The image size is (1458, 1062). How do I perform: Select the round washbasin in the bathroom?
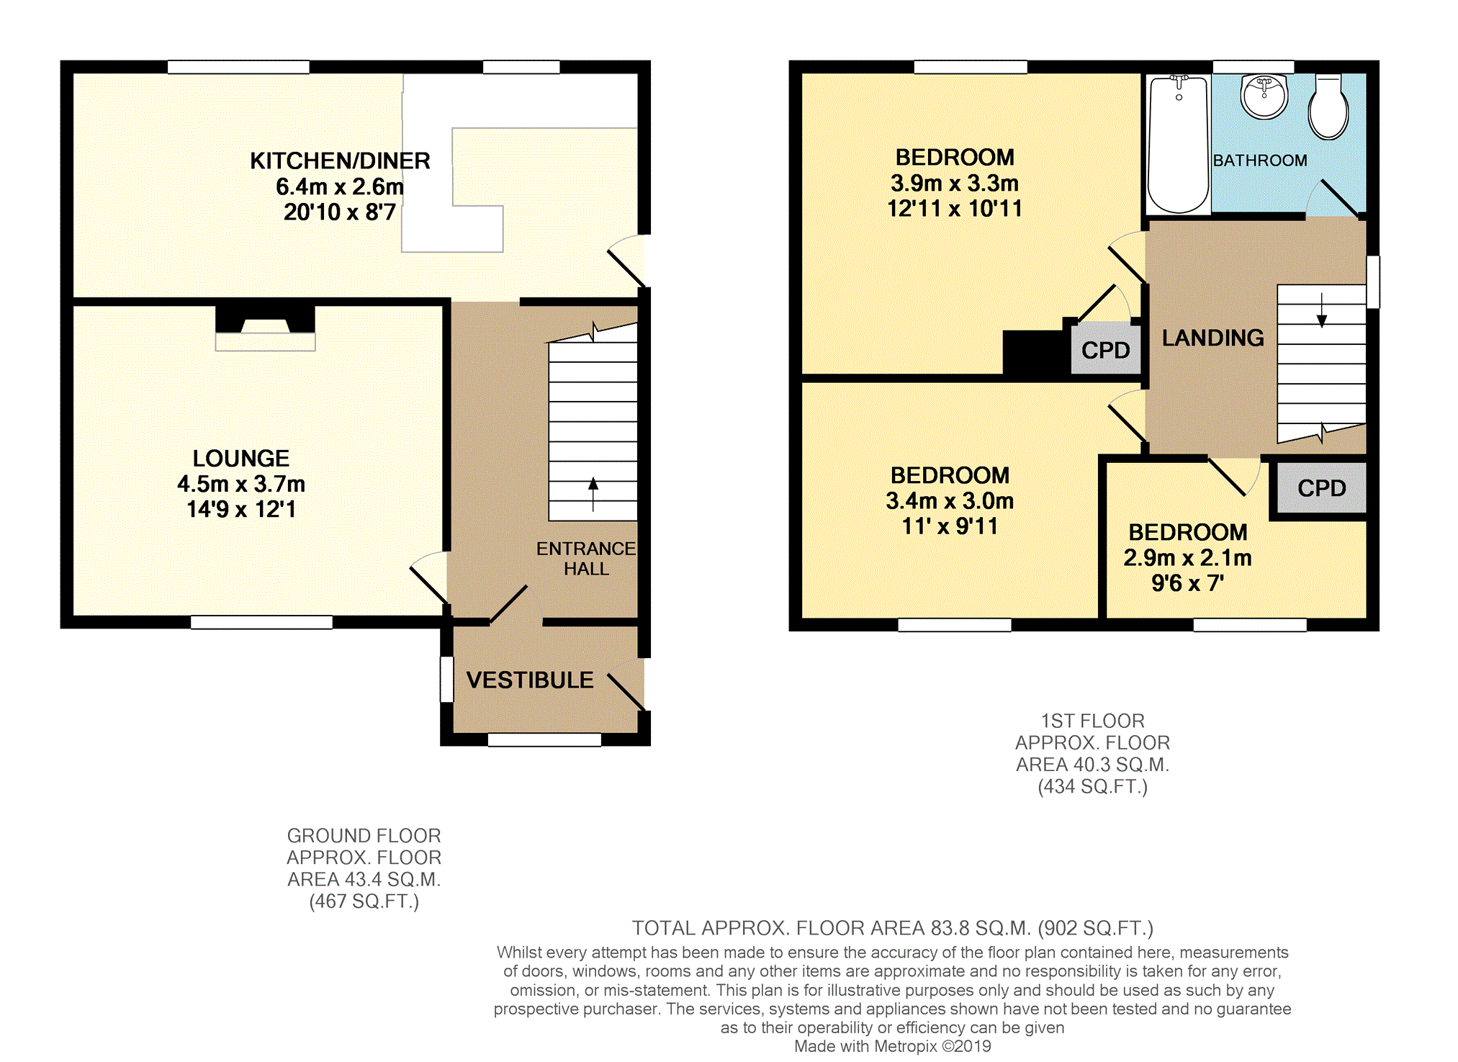point(1264,97)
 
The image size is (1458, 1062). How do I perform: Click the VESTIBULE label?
point(530,680)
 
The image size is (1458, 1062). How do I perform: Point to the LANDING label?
point(1212,338)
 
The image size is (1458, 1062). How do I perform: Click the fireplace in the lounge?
point(265,328)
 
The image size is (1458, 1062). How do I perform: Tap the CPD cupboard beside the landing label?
point(1105,350)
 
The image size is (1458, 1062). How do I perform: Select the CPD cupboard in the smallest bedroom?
point(1321,488)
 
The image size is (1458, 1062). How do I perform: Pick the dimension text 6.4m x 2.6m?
point(340,186)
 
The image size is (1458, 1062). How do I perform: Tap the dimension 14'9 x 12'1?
point(241,509)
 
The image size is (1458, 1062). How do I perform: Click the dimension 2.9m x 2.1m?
point(1187,557)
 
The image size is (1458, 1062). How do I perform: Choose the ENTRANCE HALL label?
point(586,559)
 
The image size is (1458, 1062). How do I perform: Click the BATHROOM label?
point(1260,161)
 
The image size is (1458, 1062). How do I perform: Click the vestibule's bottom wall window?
point(544,739)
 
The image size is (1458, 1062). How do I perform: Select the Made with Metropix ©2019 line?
point(892,1046)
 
